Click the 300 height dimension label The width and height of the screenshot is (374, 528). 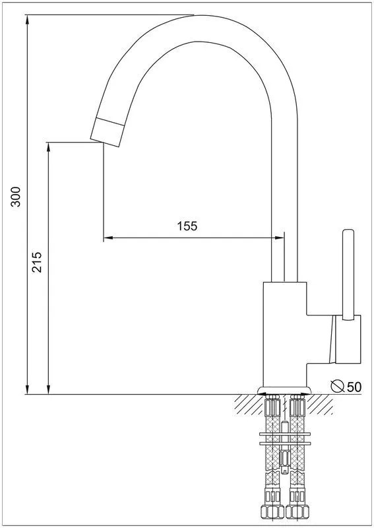pyautogui.click(x=16, y=196)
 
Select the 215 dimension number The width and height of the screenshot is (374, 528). pyautogui.click(x=36, y=261)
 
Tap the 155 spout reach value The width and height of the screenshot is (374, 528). pyautogui.click(x=187, y=226)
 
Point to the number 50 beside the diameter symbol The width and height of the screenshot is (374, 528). pyautogui.click(x=354, y=387)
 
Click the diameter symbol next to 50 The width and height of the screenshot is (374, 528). pyautogui.click(x=337, y=386)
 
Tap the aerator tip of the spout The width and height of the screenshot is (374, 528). pyautogui.click(x=107, y=132)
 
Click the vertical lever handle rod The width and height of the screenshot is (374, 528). pyautogui.click(x=348, y=274)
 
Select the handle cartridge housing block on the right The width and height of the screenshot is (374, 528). pyautogui.click(x=348, y=339)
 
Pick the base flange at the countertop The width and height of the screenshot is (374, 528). pyautogui.click(x=284, y=390)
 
